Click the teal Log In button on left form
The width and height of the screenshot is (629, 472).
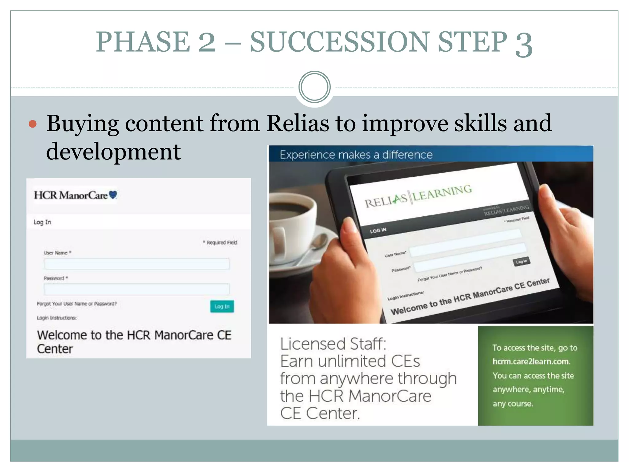coord(222,306)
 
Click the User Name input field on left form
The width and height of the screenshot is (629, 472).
coord(137,264)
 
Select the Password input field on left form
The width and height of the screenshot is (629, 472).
coord(137,289)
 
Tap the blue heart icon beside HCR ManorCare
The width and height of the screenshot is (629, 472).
coord(113,195)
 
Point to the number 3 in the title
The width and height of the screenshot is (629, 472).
coord(524,44)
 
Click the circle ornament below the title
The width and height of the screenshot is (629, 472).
coord(314,87)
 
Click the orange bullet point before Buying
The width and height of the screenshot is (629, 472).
coord(33,124)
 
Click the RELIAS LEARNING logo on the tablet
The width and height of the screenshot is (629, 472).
coord(418,196)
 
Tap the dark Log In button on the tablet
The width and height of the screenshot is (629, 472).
coord(521,262)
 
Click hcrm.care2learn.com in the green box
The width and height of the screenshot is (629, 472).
coord(531,361)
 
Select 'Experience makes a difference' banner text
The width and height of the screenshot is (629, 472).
coord(356,155)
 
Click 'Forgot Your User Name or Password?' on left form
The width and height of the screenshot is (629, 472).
coord(77,304)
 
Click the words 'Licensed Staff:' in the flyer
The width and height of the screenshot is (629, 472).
coord(333,344)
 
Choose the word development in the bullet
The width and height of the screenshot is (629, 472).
coord(113,151)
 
